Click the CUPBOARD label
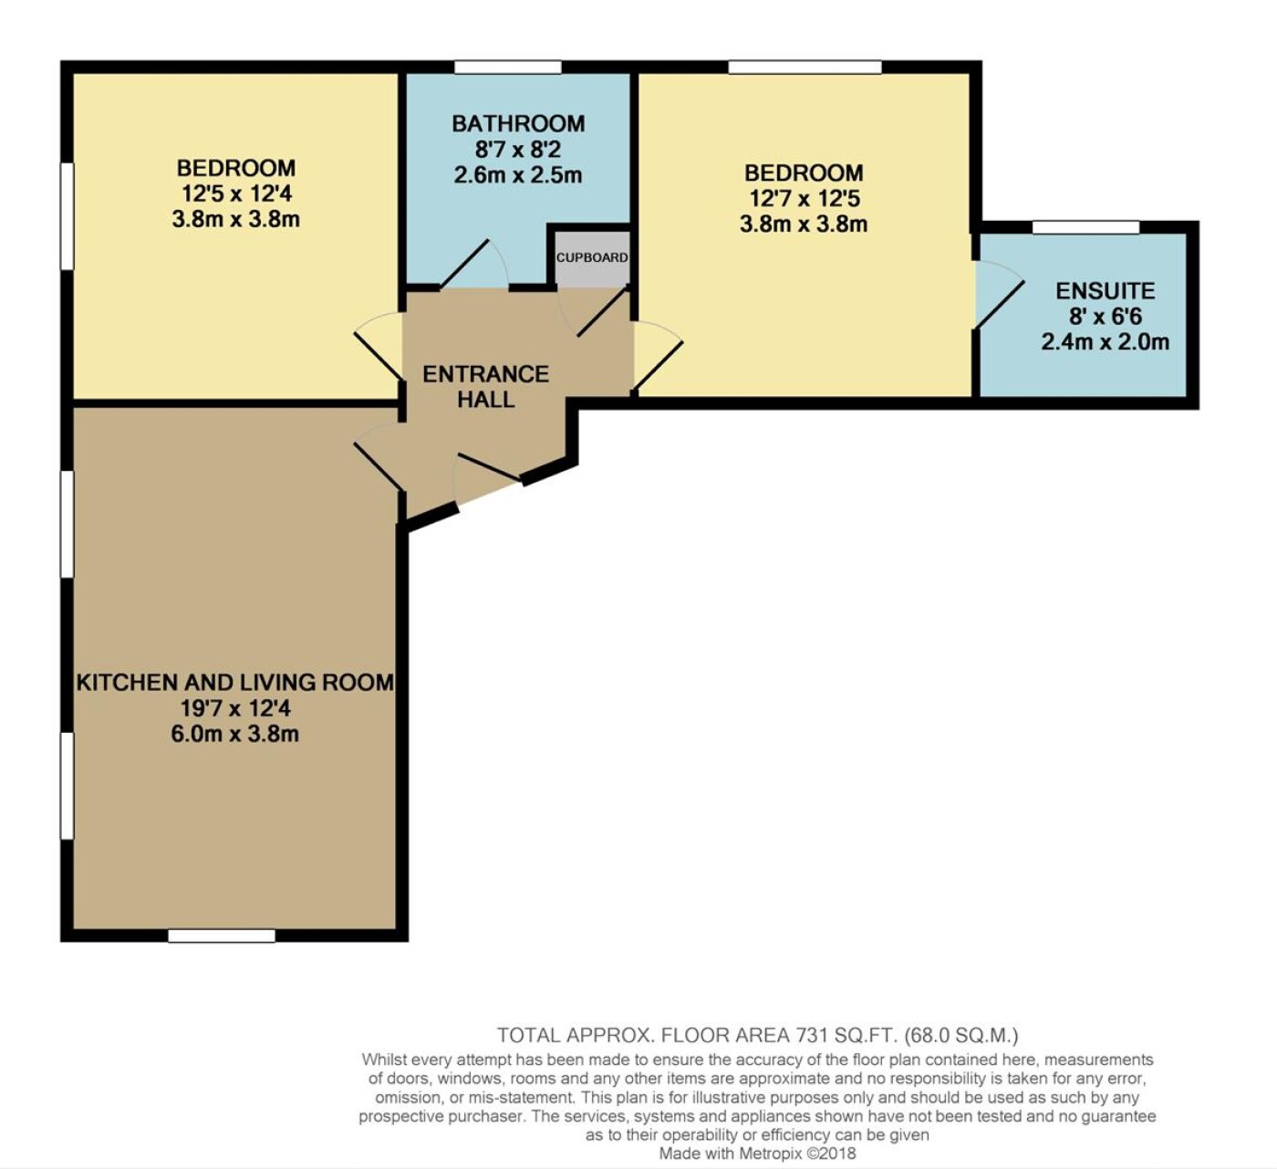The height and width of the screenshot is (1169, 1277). (591, 257)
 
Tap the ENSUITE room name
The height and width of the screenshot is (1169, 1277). (1106, 290)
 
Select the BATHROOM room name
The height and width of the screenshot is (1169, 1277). (518, 123)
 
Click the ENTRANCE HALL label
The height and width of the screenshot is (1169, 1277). (486, 387)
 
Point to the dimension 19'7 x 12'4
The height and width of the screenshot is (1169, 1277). (235, 708)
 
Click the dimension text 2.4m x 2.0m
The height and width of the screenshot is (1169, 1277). (1106, 342)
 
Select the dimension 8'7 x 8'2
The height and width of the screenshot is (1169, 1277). (518, 150)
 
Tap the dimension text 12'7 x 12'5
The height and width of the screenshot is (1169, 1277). (804, 199)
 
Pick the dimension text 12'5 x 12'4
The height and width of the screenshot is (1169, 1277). (236, 193)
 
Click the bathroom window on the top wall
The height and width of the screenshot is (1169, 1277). (508, 67)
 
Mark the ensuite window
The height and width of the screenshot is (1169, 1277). (1086, 227)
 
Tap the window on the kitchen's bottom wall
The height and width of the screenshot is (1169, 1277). (222, 935)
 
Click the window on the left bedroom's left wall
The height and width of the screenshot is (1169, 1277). (67, 216)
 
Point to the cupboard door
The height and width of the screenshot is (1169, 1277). (592, 312)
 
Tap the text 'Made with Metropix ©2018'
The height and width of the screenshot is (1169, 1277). (757, 1153)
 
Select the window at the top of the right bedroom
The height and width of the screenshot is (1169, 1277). (805, 67)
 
